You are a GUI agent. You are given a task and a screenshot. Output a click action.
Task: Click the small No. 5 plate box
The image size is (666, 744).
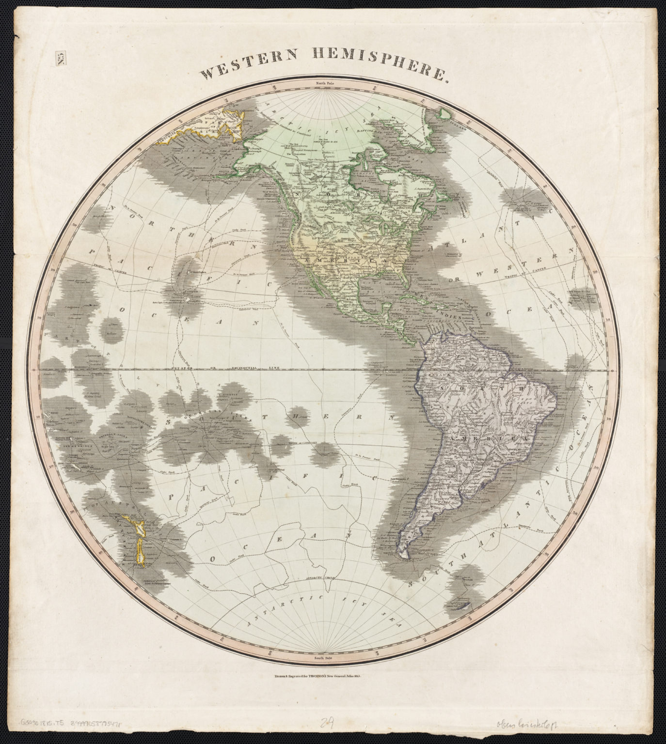pos(62,59)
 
